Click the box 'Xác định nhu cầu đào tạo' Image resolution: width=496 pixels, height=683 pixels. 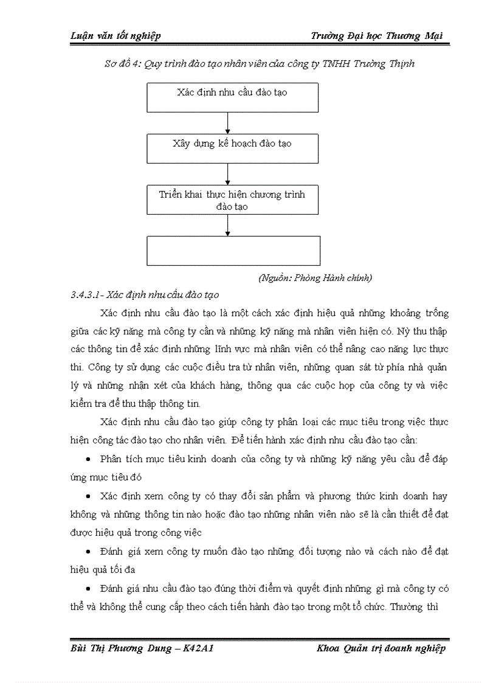pos(232,97)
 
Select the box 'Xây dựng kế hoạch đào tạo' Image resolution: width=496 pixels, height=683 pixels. pos(232,148)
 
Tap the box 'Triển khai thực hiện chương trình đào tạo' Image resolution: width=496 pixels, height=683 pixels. pos(232,200)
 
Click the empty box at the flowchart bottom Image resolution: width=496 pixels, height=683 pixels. pos(233,251)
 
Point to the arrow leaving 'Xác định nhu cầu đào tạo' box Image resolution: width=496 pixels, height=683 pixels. pos(227,123)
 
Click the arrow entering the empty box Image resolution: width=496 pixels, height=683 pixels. pos(227,225)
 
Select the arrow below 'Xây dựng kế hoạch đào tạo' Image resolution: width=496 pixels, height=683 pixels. pos(227,174)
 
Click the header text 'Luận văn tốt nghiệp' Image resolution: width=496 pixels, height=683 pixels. pos(115,36)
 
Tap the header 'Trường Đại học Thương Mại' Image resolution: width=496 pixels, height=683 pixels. pos(376,36)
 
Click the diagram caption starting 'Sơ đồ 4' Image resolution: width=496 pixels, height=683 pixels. pos(260,63)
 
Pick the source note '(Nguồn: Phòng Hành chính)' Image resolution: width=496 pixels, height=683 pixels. pos(315,278)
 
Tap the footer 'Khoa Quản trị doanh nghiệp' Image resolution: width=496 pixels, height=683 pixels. pos(381,648)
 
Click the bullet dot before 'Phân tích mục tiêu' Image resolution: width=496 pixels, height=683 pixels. pos(89,460)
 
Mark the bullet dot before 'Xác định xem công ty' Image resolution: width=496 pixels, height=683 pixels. pos(89,497)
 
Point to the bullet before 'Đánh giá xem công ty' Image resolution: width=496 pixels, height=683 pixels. pos(89,552)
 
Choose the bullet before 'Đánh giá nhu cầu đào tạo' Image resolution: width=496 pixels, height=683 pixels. pos(89,589)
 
